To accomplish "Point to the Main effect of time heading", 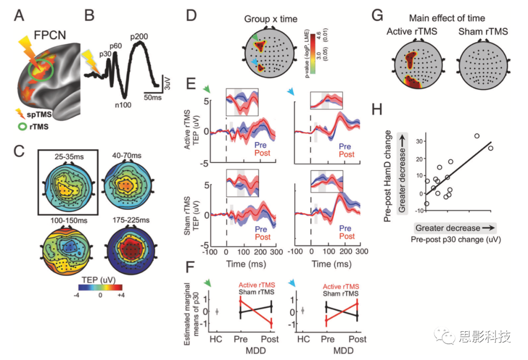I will [x=447, y=19].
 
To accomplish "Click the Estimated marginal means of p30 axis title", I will [x=194, y=312].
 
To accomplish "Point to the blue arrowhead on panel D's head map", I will [x=253, y=62].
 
